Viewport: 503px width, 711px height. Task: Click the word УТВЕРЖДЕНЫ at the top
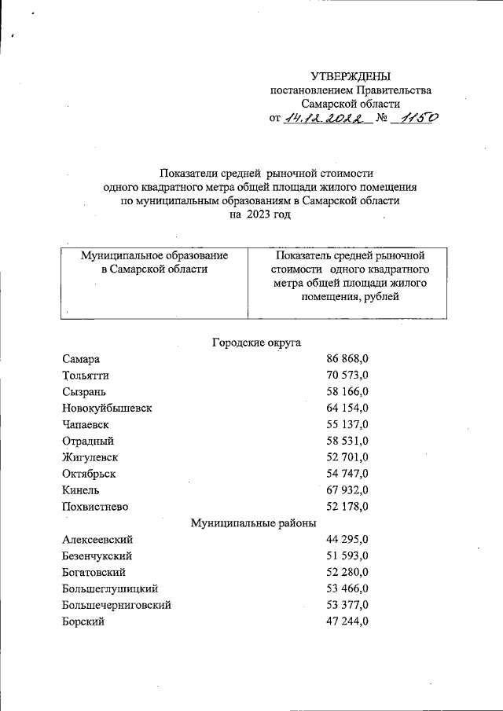pos(351,76)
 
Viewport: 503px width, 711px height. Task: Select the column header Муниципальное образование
pos(155,255)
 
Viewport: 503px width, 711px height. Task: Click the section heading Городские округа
pos(256,342)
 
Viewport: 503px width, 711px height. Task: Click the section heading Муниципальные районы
pos(254,522)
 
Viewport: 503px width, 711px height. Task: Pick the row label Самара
pos(81,359)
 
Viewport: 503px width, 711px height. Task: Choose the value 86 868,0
pos(347,359)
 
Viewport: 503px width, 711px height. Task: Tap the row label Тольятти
pos(86,376)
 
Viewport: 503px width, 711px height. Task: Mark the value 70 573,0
pos(347,376)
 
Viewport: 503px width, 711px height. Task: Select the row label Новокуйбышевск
pos(107,408)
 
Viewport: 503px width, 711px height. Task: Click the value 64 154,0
pos(347,408)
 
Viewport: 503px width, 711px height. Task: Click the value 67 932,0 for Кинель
pos(347,489)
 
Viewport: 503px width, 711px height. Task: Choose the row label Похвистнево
pos(95,506)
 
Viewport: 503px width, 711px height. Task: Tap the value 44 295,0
pos(347,540)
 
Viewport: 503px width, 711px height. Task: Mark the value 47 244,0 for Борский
pos(347,621)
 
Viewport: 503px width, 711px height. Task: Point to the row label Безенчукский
pos(97,556)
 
